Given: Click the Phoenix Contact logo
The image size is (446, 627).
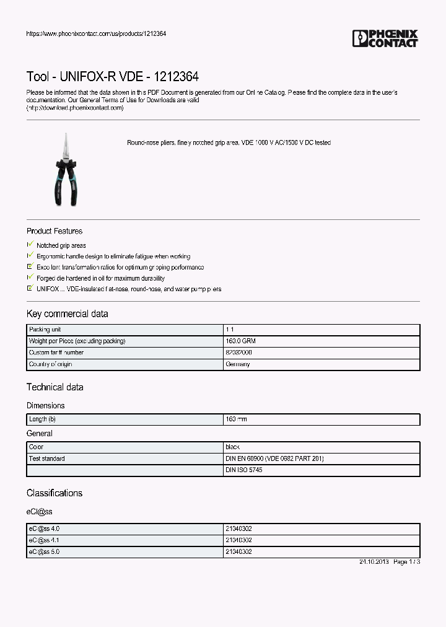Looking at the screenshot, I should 385,38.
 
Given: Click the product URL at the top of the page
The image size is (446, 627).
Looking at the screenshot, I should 96,33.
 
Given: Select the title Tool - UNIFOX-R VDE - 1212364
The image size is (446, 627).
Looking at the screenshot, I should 112,77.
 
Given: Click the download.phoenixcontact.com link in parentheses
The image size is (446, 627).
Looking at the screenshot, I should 75,108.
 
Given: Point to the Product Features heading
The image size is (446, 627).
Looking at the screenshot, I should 55,231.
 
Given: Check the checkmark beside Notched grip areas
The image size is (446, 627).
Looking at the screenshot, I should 30,245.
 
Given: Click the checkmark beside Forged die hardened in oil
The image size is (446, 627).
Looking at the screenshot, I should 30,278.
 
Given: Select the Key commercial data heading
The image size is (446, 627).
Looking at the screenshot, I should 67,313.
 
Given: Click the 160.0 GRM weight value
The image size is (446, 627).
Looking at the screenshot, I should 241,341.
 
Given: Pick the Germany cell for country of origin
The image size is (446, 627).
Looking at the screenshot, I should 238,364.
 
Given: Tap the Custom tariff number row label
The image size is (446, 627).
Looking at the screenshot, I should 56,353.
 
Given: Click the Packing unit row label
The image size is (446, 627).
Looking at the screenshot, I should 45,330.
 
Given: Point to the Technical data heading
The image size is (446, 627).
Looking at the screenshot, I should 55,387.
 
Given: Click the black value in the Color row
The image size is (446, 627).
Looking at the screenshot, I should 233,447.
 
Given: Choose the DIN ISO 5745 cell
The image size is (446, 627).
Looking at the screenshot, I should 244,470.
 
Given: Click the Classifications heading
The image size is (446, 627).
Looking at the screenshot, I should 54,493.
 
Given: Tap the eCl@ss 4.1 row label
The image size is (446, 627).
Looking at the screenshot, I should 44,540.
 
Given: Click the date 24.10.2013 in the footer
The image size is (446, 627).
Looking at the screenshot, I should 374,562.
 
